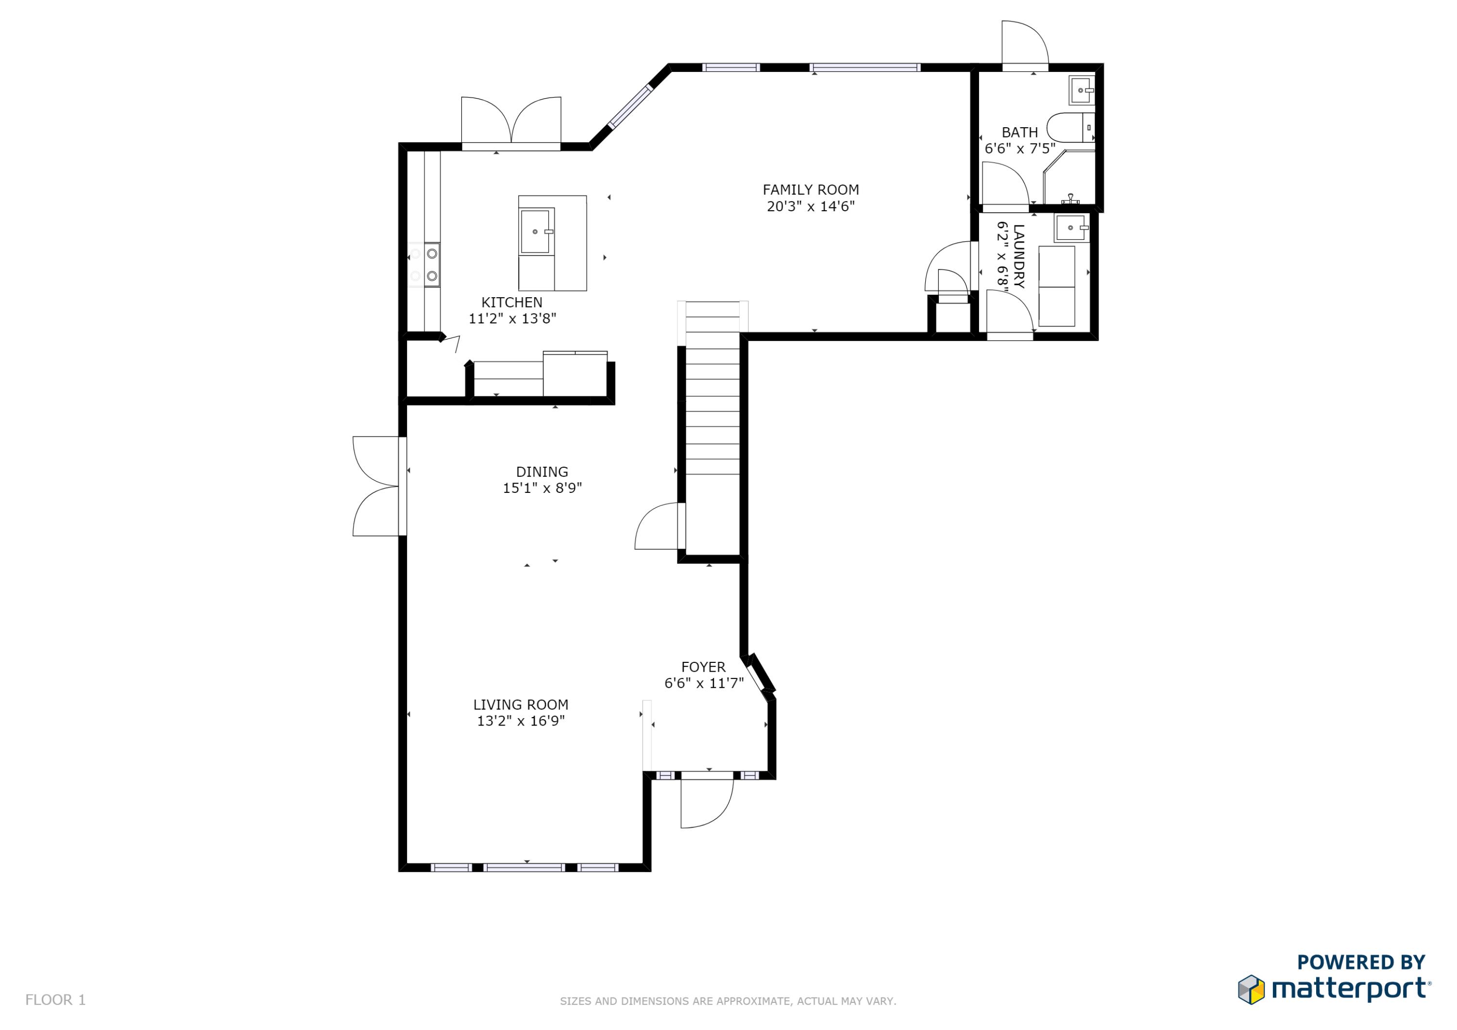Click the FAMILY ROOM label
[x=811, y=190]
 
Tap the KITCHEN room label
[x=511, y=303]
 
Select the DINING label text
[x=542, y=472]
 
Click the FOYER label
[x=703, y=668]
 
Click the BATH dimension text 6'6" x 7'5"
[x=1020, y=149]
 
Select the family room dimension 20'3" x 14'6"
[x=811, y=206]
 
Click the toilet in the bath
[x=1070, y=128]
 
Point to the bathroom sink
[x=1081, y=90]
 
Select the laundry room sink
[x=1071, y=228]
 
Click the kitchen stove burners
[x=424, y=265]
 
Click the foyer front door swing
[x=707, y=803]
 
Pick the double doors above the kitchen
[x=511, y=120]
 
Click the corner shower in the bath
[x=1070, y=177]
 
